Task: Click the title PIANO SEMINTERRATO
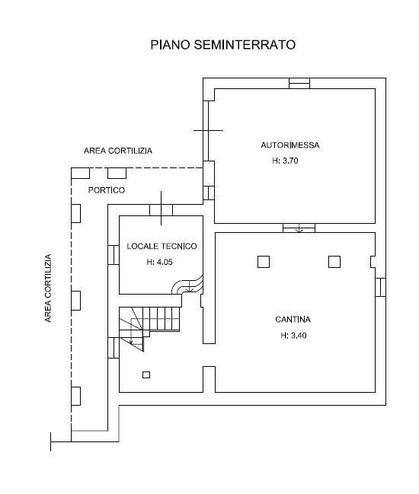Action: click(x=223, y=45)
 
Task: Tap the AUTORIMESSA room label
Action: click(x=290, y=145)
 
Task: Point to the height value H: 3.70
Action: click(x=285, y=161)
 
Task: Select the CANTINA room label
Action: click(x=293, y=320)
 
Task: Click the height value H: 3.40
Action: click(x=293, y=336)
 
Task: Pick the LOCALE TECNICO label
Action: click(x=162, y=246)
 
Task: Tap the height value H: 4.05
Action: click(x=159, y=262)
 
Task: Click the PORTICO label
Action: click(x=107, y=190)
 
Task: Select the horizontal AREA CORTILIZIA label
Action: click(x=118, y=151)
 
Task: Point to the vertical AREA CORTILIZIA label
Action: click(x=48, y=288)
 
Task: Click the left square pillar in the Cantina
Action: click(x=264, y=262)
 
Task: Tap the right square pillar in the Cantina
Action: click(x=334, y=262)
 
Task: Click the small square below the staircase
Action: click(x=146, y=375)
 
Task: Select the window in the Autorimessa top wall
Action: click(x=299, y=83)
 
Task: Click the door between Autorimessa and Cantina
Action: click(x=299, y=228)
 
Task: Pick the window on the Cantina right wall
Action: click(x=381, y=287)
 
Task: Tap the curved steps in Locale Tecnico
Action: click(x=188, y=285)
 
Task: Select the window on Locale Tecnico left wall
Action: click(x=114, y=255)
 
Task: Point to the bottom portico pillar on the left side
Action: click(x=75, y=396)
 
